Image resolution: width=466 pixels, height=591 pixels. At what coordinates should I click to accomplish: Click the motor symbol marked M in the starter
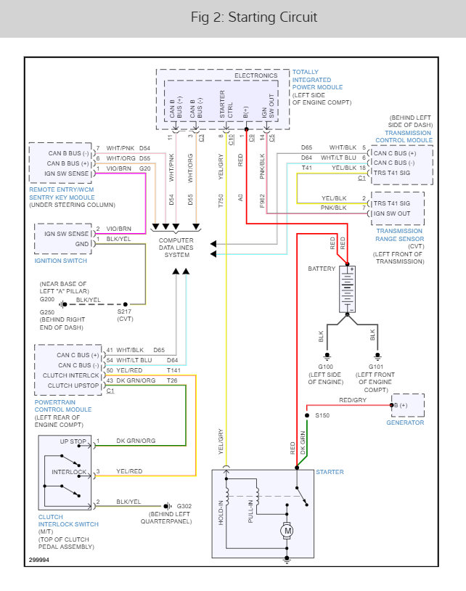(x=288, y=531)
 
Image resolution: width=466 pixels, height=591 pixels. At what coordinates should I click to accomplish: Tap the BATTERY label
(x=322, y=268)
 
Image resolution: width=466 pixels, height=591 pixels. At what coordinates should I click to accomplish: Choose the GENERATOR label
(x=405, y=423)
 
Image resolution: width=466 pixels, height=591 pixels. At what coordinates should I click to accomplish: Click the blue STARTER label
(x=330, y=472)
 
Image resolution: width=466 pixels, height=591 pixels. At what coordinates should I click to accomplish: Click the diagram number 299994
(x=41, y=560)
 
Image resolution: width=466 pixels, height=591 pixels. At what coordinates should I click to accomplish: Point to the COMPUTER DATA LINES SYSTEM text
(x=176, y=248)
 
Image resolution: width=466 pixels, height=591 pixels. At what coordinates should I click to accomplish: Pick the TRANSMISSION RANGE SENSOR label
(x=399, y=235)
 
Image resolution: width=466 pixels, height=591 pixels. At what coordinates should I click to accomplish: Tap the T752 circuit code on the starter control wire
(x=221, y=201)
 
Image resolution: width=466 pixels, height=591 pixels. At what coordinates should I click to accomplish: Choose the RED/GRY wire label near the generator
(x=353, y=399)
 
